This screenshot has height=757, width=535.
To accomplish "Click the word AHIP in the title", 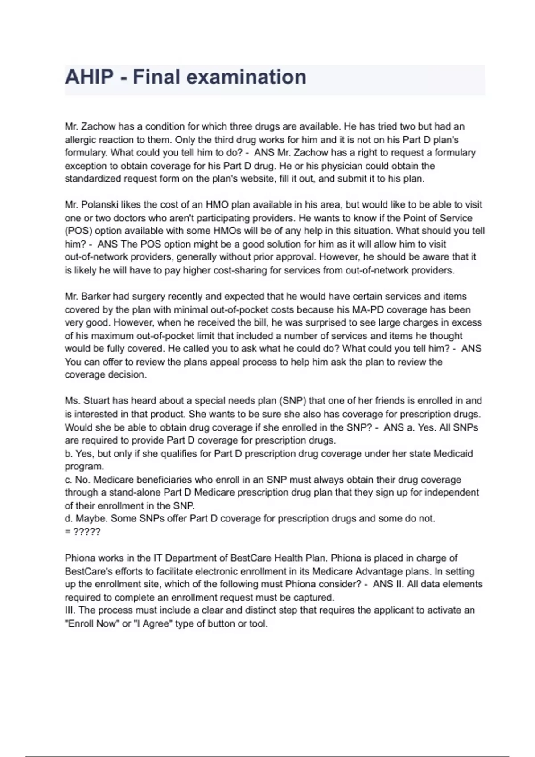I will pyautogui.click(x=89, y=77).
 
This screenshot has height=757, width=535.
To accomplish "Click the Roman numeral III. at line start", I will pyautogui.click(x=70, y=610).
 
